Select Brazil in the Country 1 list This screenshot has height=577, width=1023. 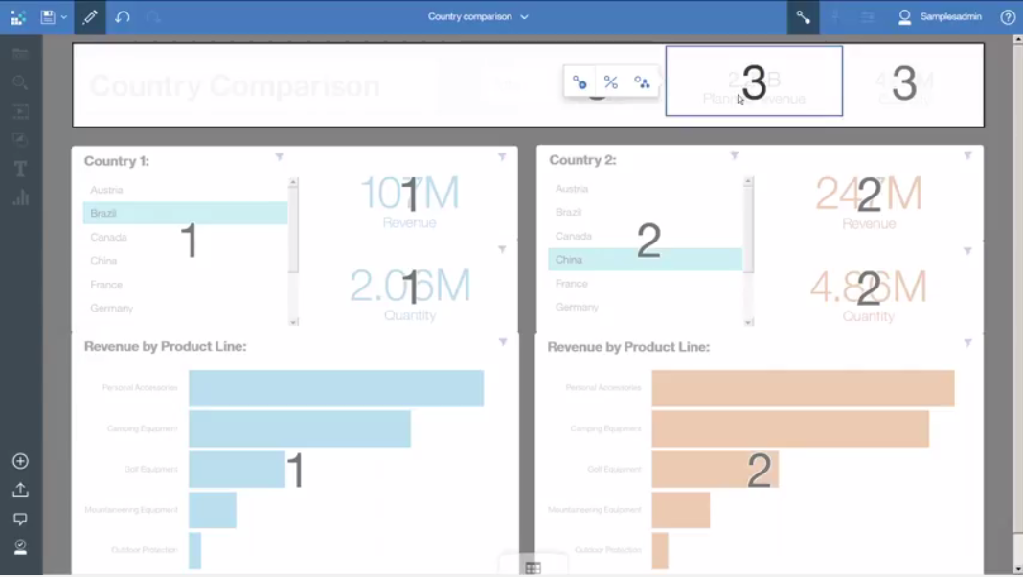(x=103, y=213)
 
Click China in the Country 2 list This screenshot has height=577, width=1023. (x=569, y=259)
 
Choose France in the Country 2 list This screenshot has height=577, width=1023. (x=572, y=283)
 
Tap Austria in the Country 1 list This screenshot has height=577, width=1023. (x=107, y=190)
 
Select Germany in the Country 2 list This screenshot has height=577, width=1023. (x=577, y=307)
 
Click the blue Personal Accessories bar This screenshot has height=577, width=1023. (x=335, y=388)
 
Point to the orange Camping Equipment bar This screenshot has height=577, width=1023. (x=789, y=428)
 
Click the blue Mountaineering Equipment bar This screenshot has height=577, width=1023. (x=212, y=510)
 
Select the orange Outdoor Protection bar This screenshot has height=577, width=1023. (x=660, y=550)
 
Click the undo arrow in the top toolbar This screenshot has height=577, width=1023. (x=122, y=17)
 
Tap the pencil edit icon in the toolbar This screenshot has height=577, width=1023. (x=90, y=17)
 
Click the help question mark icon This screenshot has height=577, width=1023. (x=1008, y=17)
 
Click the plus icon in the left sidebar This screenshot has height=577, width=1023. (x=20, y=461)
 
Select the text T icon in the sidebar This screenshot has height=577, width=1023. (x=20, y=169)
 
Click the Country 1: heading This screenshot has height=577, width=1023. (x=117, y=161)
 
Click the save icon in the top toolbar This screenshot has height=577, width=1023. (x=48, y=17)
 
